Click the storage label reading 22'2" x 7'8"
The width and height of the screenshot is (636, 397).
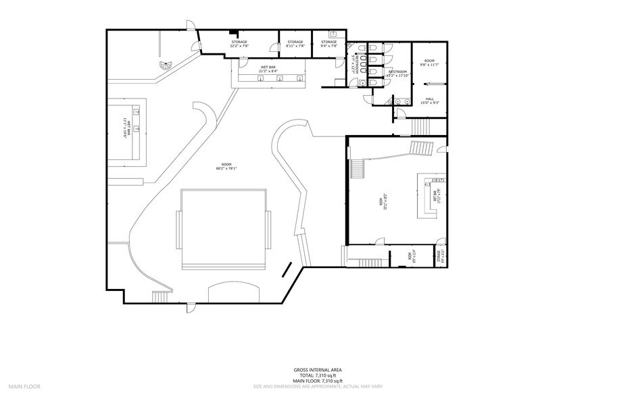coord(239,44)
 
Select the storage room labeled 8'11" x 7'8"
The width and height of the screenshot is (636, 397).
coord(295,44)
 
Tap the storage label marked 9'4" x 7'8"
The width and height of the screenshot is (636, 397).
coord(329,44)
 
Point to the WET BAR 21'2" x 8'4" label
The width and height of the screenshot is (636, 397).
coord(268,68)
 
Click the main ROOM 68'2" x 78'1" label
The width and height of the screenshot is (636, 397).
coord(226,167)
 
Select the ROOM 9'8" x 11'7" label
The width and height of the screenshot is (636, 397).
coord(430,63)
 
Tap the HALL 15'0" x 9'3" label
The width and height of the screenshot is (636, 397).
coord(430,101)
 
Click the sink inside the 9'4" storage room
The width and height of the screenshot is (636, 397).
coord(333,33)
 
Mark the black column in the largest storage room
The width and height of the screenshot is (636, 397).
coord(234,32)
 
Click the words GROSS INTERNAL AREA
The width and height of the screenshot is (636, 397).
coord(317,370)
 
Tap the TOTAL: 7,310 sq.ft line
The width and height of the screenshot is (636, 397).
coord(317,376)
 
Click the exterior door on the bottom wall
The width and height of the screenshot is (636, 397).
coord(191,308)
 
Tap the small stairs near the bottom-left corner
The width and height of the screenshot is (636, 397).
coord(161,298)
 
